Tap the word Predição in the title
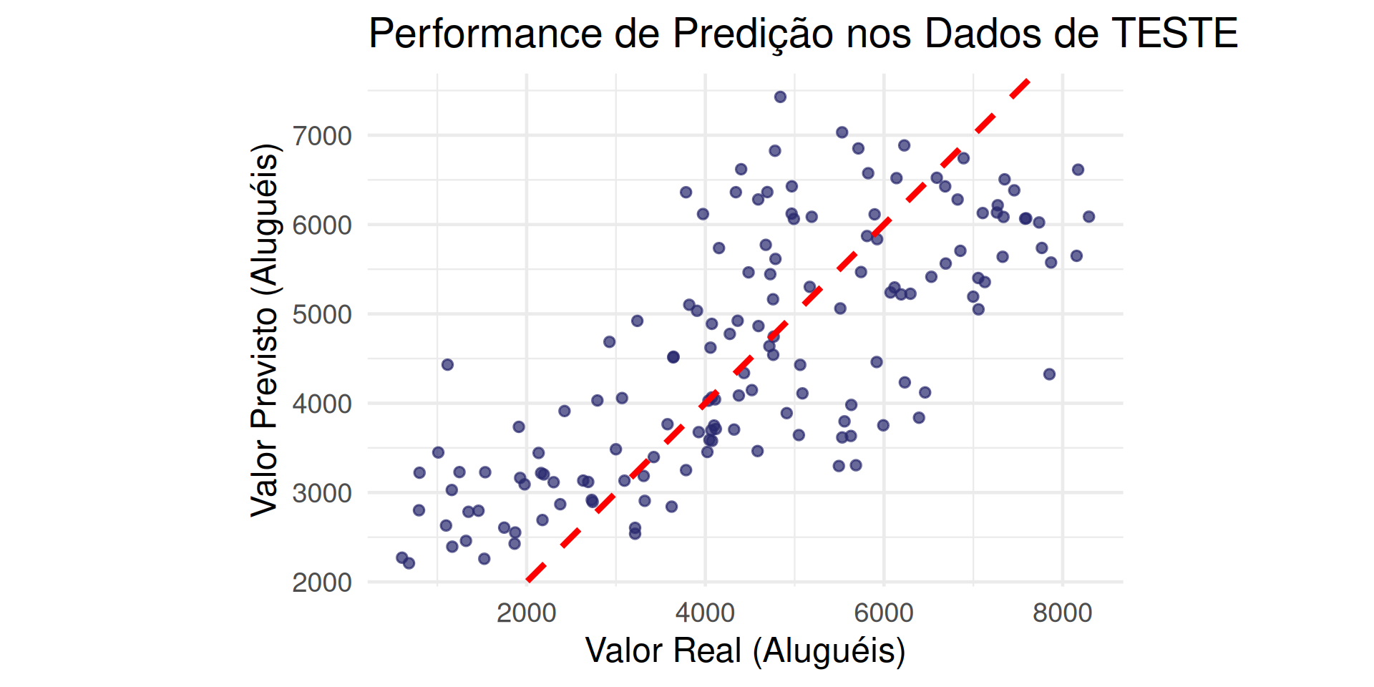coord(753,34)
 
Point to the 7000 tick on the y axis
coord(322,135)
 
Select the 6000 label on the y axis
coord(322,225)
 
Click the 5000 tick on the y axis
coord(322,314)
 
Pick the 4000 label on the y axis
coord(322,404)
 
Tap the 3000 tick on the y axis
coord(322,493)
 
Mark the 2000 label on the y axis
coord(322,583)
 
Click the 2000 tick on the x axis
coord(527,613)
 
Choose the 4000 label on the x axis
coord(705,613)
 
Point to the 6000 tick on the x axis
coord(884,613)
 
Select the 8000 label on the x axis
coord(1063,613)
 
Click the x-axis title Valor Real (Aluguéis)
coord(745,651)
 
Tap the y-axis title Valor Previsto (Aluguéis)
coord(264,329)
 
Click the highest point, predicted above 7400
coord(780,97)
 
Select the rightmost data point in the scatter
coord(1088,217)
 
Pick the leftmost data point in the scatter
coord(402,557)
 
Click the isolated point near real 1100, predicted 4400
coord(447,365)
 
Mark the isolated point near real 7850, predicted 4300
coord(1049,374)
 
